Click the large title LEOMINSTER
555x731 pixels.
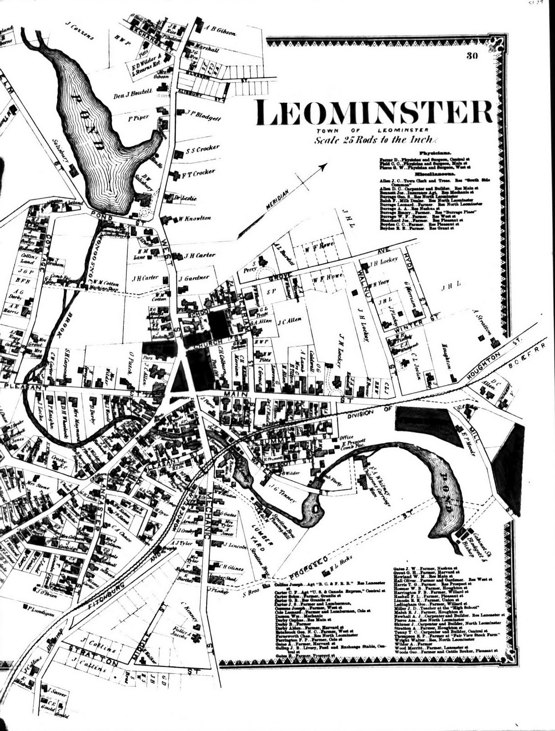374,112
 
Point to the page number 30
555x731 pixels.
472,57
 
